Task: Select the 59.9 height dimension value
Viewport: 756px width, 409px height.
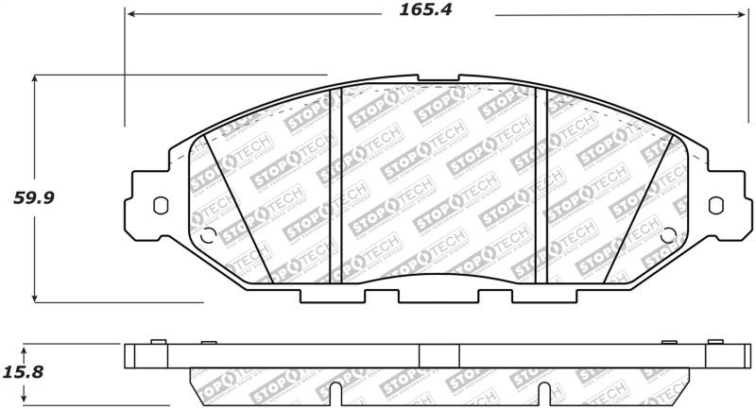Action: tap(28, 198)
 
